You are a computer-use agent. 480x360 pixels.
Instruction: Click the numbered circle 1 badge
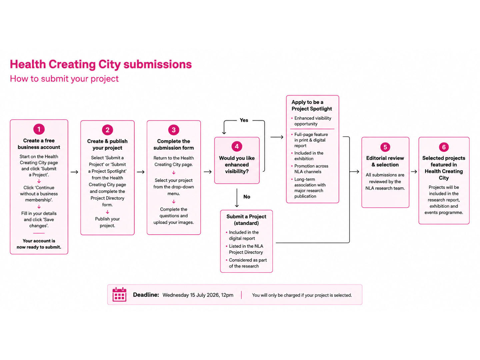click(x=39, y=129)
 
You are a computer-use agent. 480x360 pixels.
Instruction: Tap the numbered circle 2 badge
click(x=107, y=130)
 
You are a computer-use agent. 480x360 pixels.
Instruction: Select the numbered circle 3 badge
click(x=174, y=130)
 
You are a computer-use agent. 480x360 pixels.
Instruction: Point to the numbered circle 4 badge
click(x=237, y=146)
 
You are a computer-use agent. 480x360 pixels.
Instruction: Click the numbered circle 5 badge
click(x=385, y=147)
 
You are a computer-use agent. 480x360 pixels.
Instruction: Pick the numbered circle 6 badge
click(x=444, y=147)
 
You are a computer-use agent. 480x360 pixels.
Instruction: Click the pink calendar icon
click(x=119, y=294)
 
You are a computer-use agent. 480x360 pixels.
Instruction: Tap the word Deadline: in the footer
click(x=146, y=295)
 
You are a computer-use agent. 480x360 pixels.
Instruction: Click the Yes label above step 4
click(x=244, y=120)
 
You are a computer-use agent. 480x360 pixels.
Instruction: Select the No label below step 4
click(x=247, y=197)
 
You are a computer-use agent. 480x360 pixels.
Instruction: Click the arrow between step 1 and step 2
click(x=74, y=172)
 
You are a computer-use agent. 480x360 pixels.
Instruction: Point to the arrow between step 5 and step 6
click(x=414, y=172)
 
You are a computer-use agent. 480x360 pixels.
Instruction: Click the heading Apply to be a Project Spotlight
click(x=312, y=105)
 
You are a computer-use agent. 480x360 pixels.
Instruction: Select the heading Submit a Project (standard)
click(x=246, y=220)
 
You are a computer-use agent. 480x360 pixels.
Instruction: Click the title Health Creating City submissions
click(x=101, y=64)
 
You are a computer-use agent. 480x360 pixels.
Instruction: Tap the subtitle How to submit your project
click(x=64, y=79)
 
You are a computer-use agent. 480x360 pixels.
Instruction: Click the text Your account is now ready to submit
click(x=39, y=244)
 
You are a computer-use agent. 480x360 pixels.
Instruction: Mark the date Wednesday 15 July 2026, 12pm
click(x=198, y=295)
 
